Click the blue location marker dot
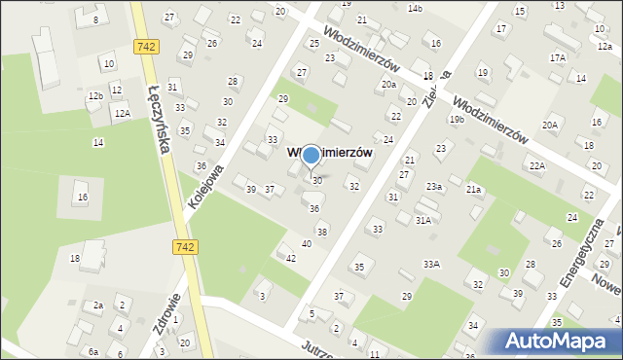(x=311, y=154)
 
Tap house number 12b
(x=94, y=96)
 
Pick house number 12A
(x=121, y=114)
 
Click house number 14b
(x=416, y=9)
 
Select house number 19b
(x=457, y=119)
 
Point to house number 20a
(x=388, y=85)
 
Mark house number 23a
(x=433, y=186)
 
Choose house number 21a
(x=474, y=189)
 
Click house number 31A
(x=423, y=220)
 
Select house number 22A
(x=537, y=166)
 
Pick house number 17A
(x=557, y=58)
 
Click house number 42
(x=291, y=258)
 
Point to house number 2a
(x=98, y=306)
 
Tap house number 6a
(x=93, y=351)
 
